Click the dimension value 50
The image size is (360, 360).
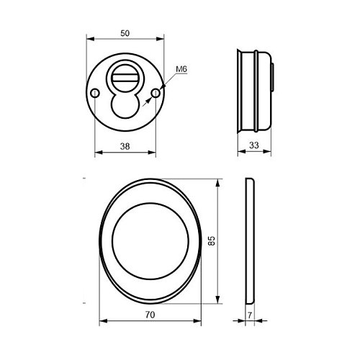click(125, 33)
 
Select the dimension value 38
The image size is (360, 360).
click(125, 146)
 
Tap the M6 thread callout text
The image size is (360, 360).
click(181, 69)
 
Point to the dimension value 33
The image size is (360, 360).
click(254, 145)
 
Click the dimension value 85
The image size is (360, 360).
click(212, 240)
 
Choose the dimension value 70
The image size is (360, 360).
click(150, 315)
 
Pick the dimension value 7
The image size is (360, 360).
click(250, 315)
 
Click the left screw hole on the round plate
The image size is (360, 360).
click(95, 93)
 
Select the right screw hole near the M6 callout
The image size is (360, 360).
click(156, 93)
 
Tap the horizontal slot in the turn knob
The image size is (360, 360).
click(125, 78)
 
